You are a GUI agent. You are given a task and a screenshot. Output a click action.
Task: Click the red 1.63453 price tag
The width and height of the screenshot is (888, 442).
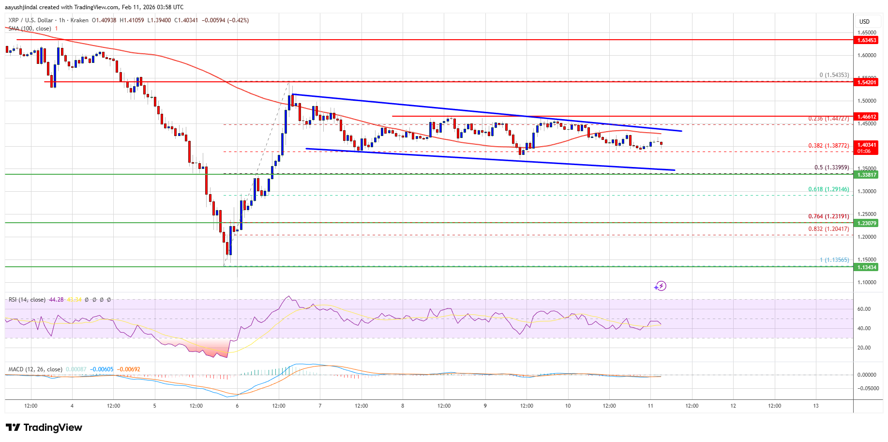pos(866,40)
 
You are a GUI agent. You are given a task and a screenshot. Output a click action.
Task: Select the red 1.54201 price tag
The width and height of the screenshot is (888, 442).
pos(866,82)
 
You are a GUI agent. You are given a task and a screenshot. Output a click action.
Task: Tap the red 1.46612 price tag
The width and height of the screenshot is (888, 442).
pos(866,117)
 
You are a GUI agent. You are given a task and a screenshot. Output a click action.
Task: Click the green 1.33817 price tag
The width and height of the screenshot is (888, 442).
pos(866,175)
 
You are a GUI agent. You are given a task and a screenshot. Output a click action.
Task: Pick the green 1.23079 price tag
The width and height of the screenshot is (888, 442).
pos(866,223)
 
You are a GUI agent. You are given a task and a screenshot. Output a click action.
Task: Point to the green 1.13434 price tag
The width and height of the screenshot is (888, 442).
pos(866,267)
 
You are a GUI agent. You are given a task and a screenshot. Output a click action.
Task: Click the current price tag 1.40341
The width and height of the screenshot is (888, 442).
pos(866,145)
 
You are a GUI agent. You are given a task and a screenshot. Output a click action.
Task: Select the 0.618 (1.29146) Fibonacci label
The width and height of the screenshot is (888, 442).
pos(828,189)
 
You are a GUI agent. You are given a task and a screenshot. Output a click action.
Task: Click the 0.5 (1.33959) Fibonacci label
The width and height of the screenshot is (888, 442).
pos(831,168)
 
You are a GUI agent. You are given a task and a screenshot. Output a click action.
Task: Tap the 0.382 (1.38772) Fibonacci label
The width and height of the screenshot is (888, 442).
pos(828,145)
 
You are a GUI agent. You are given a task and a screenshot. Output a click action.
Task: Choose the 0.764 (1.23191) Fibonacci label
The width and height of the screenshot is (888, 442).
pos(828,216)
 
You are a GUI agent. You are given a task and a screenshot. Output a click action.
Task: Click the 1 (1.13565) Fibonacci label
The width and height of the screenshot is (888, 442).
pos(834,260)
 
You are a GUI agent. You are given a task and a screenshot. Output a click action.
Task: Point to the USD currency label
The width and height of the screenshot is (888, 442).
pos(864,21)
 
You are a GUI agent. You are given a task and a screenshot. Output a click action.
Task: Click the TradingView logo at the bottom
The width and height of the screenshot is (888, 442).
pos(44,427)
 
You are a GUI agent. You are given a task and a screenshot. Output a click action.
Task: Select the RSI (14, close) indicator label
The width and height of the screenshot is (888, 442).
pos(27,300)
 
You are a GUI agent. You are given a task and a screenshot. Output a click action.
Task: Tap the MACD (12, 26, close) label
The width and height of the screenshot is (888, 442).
pos(35,369)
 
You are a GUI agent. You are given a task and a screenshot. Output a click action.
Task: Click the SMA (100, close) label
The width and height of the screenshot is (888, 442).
pos(30,29)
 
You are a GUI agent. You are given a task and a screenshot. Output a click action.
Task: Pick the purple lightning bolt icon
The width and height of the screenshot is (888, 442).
pos(661,286)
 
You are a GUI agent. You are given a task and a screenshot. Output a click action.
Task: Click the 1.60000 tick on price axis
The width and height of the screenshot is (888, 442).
pos(867,55)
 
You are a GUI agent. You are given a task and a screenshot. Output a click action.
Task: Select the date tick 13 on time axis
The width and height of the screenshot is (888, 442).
pos(816,406)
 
